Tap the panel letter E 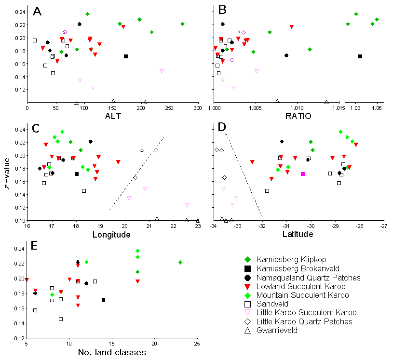[34, 245]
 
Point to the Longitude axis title [112, 235]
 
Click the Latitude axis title [298, 235]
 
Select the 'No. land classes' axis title [111, 352]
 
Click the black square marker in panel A [126, 56]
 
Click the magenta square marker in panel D [303, 174]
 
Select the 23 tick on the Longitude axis [198, 227]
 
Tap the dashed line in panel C [137, 173]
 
